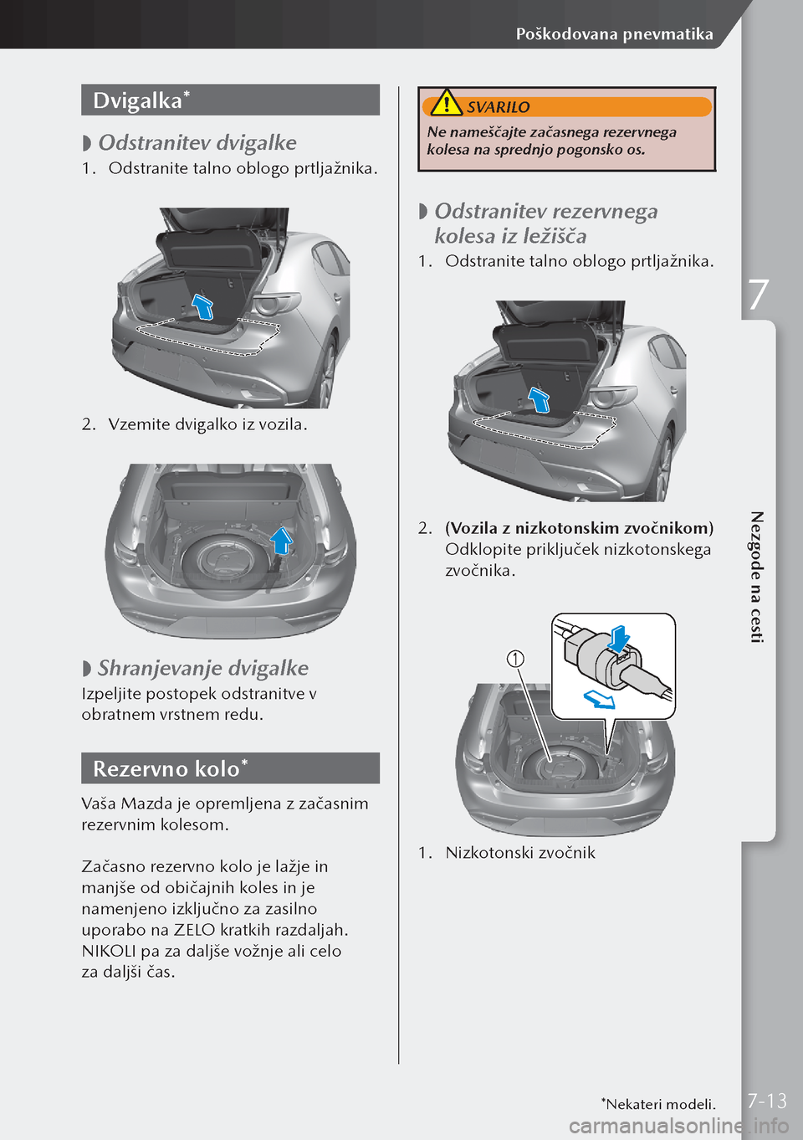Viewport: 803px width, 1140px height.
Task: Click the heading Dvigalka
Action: [137, 100]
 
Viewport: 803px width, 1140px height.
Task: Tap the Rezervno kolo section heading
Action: [166, 768]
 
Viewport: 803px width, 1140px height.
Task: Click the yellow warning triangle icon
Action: [447, 104]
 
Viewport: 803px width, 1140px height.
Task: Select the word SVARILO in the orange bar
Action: [498, 107]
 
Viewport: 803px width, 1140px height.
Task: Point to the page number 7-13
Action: [767, 1101]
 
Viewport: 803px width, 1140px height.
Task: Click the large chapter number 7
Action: [758, 295]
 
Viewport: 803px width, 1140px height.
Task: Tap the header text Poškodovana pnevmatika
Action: [614, 34]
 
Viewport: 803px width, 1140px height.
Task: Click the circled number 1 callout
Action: [516, 659]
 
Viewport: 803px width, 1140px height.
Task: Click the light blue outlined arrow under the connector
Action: [599, 698]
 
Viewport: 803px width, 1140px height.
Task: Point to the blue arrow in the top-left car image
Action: [202, 306]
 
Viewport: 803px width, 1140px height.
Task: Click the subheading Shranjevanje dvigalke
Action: [202, 668]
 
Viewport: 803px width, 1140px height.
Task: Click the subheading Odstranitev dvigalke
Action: [197, 143]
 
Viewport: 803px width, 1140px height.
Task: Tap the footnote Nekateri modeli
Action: [659, 1104]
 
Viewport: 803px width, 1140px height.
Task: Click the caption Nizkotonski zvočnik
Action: [520, 853]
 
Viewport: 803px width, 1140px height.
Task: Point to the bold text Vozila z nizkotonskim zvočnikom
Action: [579, 528]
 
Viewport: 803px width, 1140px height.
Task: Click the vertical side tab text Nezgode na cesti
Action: [756, 577]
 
